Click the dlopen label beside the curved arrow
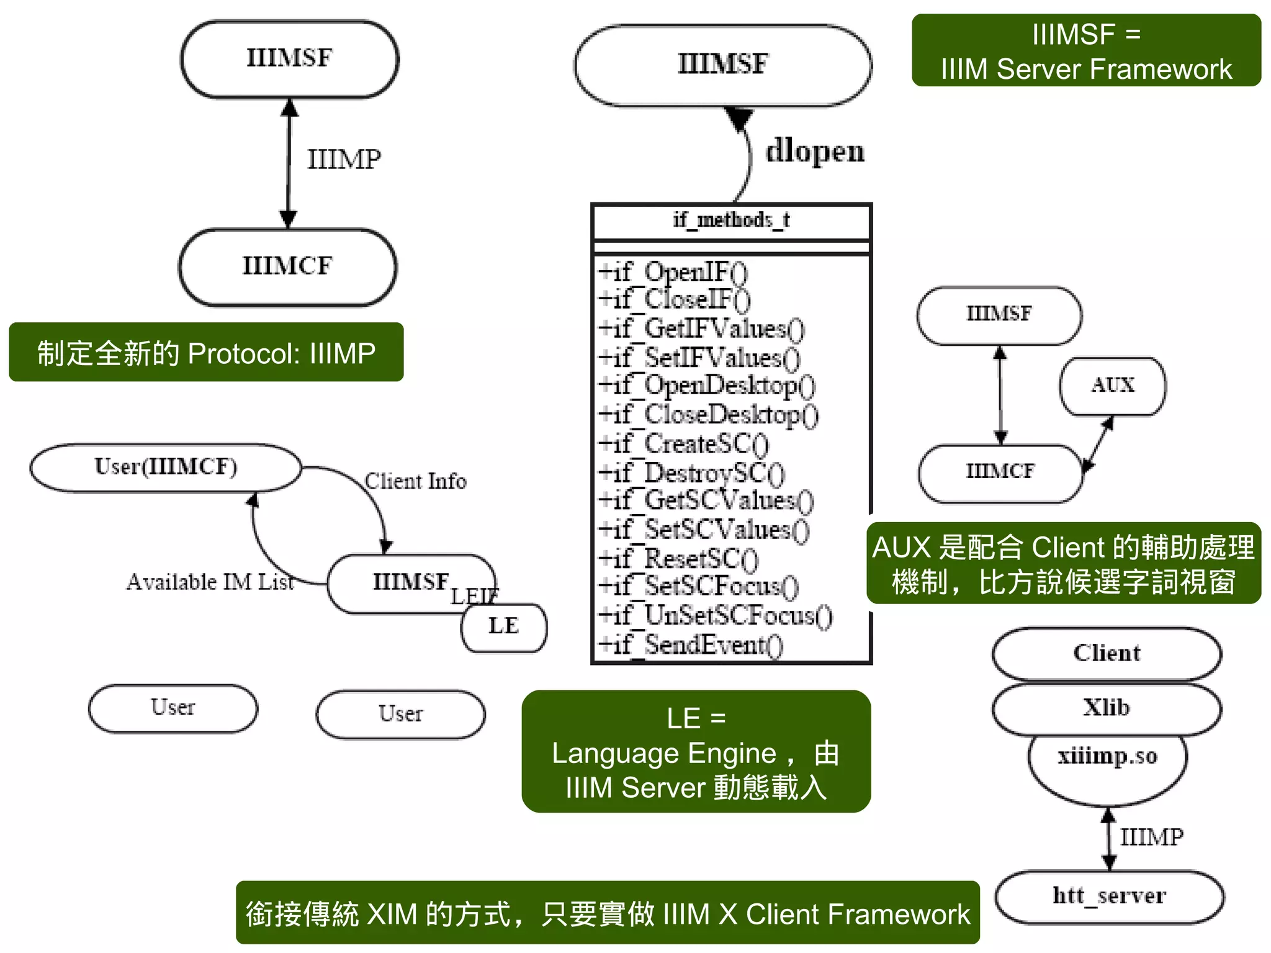click(814, 151)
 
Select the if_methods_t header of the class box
click(731, 220)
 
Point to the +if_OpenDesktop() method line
click(706, 386)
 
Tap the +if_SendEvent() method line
click(690, 645)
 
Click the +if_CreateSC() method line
click(683, 444)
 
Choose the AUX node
click(1112, 386)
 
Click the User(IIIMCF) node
click(166, 467)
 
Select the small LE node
click(503, 626)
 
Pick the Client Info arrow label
click(415, 481)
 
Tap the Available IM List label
click(210, 582)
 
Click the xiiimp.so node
click(1107, 756)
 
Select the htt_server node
click(1109, 896)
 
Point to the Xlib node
click(1107, 708)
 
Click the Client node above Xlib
click(1107, 653)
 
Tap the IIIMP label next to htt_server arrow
click(1151, 838)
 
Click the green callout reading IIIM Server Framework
click(1085, 51)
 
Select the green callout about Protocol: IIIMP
click(206, 353)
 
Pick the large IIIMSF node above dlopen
click(722, 65)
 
